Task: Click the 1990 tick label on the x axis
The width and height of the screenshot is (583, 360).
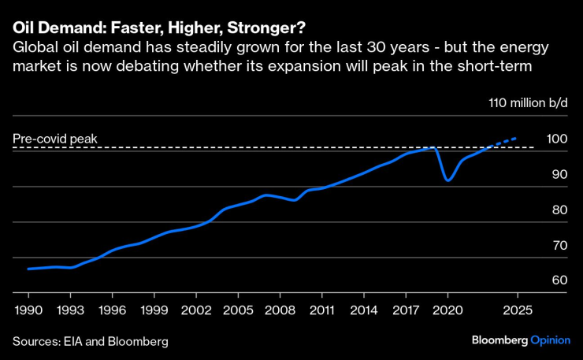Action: (x=28, y=309)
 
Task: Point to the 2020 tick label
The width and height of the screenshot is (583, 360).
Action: (x=447, y=309)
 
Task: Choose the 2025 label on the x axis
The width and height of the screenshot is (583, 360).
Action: (x=517, y=309)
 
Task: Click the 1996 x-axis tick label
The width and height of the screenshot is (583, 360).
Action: (x=113, y=309)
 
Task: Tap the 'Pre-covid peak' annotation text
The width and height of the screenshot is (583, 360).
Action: (x=54, y=139)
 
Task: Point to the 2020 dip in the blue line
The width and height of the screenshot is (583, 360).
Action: (x=447, y=180)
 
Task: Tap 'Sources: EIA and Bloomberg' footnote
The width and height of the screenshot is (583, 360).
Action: (x=90, y=341)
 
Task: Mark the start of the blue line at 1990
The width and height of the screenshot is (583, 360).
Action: (x=28, y=269)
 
